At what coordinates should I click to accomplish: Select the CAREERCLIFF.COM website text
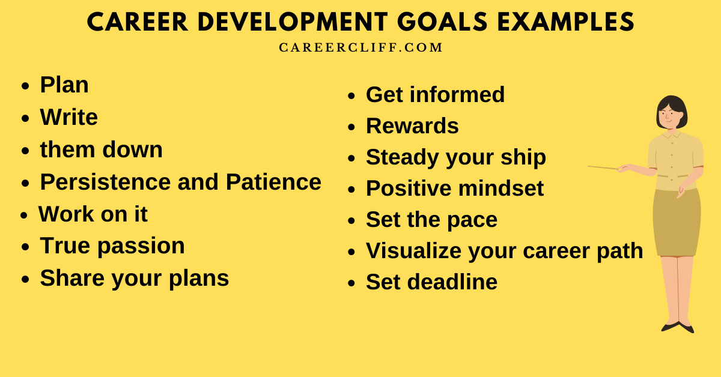coord(360,47)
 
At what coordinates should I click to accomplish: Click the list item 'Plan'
coord(64,85)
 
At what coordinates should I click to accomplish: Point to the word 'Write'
coord(68,117)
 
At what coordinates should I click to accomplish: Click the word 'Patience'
coord(273,182)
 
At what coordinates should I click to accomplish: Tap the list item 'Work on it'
coord(93,214)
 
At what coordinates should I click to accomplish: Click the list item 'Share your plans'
coord(134,278)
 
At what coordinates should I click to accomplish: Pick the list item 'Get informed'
coord(435,94)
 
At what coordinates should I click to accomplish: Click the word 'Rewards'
coord(412,126)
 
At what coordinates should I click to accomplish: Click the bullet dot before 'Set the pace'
coord(351,220)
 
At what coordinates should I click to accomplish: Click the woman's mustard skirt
coord(677,222)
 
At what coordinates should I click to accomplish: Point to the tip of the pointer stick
coord(589,166)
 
